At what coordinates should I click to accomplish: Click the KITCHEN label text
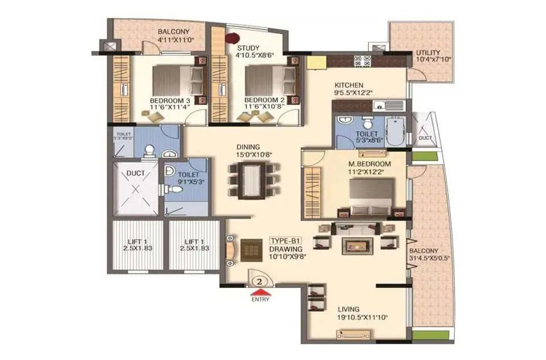point(349,85)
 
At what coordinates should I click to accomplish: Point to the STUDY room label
point(248,48)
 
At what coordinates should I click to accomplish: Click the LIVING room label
point(347,309)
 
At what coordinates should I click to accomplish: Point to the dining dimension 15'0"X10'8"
point(250,154)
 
